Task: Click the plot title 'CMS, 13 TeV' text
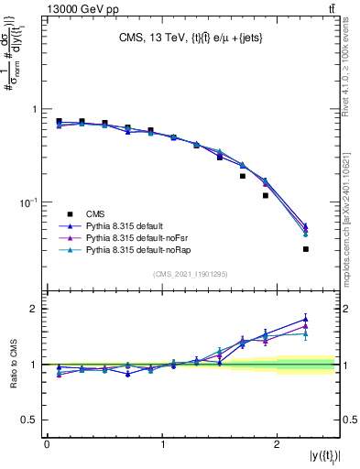(150, 38)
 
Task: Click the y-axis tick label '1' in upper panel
(35, 109)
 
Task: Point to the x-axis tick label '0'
(47, 444)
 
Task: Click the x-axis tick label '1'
(162, 444)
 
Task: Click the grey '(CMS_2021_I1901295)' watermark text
(190, 274)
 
